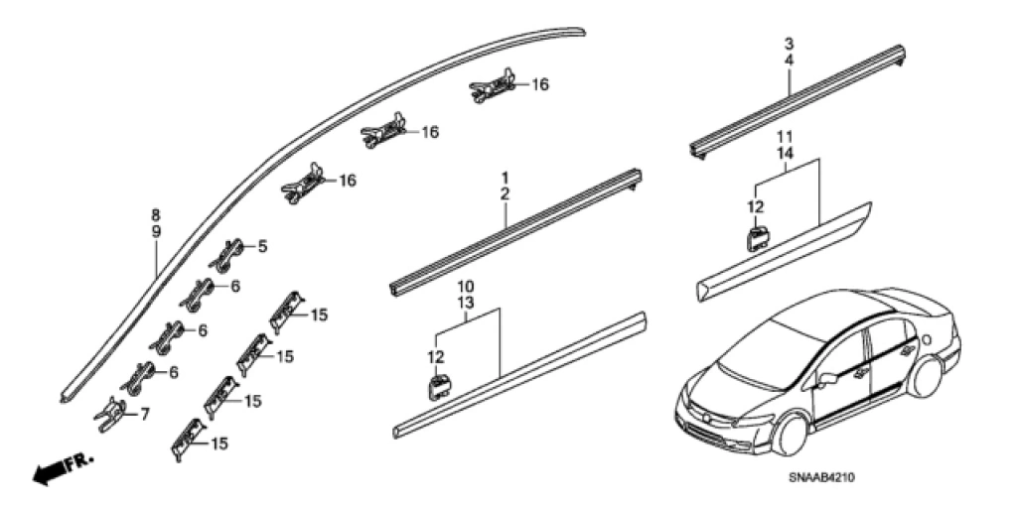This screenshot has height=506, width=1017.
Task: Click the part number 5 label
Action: [262, 246]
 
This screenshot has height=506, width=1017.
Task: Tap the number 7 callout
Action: [145, 414]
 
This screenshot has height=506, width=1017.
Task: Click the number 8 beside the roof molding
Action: [155, 214]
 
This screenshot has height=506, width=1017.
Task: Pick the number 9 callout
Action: [155, 230]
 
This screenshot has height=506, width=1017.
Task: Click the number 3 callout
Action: [789, 45]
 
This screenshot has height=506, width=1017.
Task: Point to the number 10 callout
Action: [465, 286]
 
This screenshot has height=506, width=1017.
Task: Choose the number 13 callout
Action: [465, 302]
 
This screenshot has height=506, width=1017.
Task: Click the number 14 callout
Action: [785, 153]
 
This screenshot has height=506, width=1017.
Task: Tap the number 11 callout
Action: [785, 136]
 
